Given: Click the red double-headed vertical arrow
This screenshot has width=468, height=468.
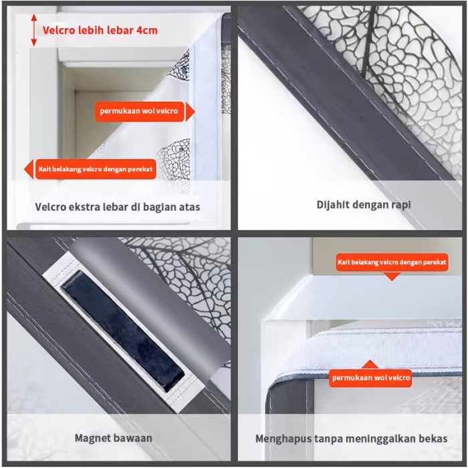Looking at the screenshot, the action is pyautogui.click(x=34, y=30).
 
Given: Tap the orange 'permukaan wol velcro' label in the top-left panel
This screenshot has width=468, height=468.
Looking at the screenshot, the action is pyautogui.click(x=139, y=111).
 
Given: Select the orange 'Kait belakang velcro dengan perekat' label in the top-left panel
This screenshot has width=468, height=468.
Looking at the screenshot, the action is pyautogui.click(x=96, y=169).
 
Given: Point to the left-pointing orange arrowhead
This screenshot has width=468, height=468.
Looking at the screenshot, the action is pyautogui.click(x=29, y=169).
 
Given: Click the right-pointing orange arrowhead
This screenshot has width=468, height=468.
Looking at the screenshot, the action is pyautogui.click(x=190, y=112).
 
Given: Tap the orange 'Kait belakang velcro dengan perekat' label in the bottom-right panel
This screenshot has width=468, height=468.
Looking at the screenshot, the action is pyautogui.click(x=392, y=262).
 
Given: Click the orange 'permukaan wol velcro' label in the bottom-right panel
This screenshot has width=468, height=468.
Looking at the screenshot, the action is pyautogui.click(x=370, y=378).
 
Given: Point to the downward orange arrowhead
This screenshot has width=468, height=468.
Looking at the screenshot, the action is pyautogui.click(x=392, y=277).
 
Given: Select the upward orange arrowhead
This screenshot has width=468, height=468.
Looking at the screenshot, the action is pyautogui.click(x=370, y=364).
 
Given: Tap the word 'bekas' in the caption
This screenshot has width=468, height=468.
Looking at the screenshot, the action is pyautogui.click(x=433, y=439).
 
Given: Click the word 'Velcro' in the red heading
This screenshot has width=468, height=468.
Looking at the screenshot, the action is pyautogui.click(x=58, y=30).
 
